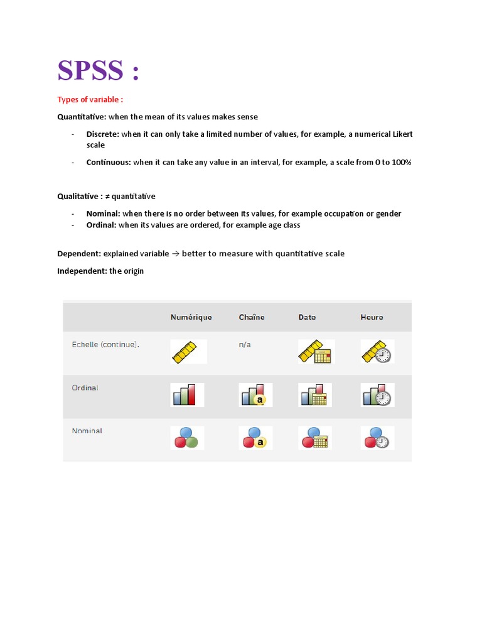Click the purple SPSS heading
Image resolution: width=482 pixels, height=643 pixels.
(97, 70)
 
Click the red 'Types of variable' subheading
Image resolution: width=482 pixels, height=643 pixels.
(90, 100)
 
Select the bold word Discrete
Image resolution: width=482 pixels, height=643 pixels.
(102, 134)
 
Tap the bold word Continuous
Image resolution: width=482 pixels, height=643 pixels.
(109, 162)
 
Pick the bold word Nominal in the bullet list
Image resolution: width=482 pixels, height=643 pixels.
(103, 213)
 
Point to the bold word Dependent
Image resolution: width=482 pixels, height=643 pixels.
(79, 254)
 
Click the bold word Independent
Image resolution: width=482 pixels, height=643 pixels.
(83, 271)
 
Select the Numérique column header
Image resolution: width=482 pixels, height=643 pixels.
(191, 317)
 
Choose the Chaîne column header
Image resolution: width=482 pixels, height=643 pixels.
(252, 317)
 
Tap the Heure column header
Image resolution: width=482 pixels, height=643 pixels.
(372, 317)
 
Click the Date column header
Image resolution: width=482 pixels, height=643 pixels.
(307, 317)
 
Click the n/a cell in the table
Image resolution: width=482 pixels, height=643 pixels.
(245, 345)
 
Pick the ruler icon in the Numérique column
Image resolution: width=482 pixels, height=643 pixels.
(188, 352)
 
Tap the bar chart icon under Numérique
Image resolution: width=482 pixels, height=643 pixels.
(187, 395)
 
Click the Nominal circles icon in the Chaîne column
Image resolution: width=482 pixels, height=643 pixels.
(255, 438)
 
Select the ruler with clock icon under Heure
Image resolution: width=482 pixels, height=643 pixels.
(377, 352)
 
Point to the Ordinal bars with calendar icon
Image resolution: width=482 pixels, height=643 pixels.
(315, 395)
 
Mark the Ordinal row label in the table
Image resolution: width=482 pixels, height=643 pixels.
(85, 388)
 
